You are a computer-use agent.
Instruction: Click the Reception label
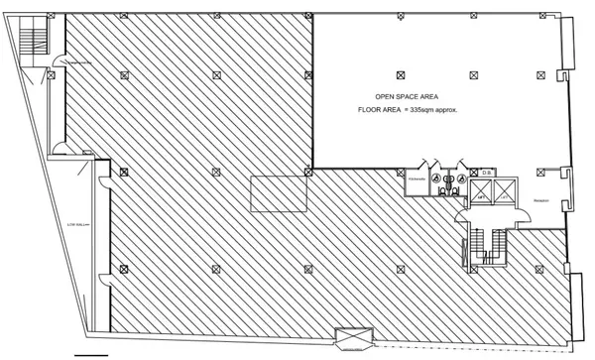point(541,199)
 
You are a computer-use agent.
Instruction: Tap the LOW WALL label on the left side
point(79,225)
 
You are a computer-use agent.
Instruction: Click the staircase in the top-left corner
point(38,40)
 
